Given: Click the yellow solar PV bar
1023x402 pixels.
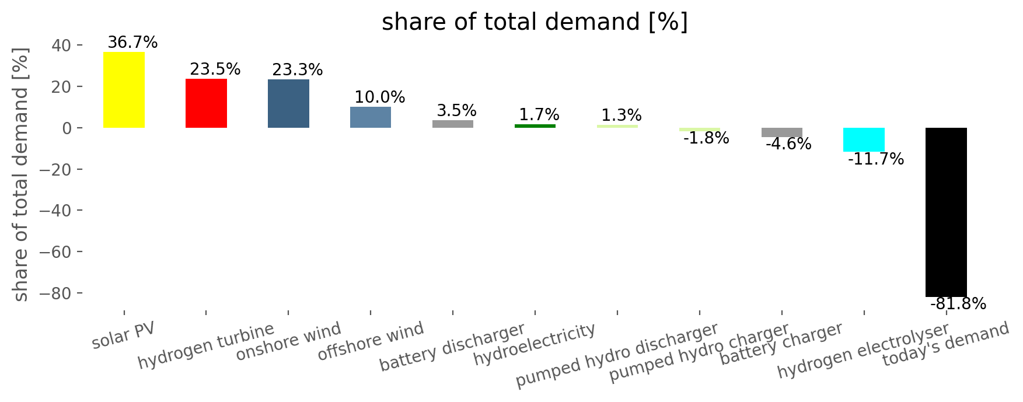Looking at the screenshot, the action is (x=124, y=90).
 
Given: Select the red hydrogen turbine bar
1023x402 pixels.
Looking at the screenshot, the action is (x=206, y=103).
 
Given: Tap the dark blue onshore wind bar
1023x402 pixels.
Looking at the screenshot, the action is (x=288, y=104).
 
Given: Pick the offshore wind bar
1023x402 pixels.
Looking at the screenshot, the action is (x=371, y=117).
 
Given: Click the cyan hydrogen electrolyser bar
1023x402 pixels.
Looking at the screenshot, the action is (x=864, y=140).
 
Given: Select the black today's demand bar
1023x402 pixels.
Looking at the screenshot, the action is (x=946, y=212).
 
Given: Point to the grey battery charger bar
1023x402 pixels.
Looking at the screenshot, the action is (x=781, y=132).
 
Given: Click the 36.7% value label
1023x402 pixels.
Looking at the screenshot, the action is (x=132, y=43).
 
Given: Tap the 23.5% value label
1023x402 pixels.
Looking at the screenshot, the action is (x=215, y=69).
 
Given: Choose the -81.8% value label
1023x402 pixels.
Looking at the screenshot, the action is (x=958, y=304).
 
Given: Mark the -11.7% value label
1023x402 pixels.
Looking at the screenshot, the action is (x=875, y=159).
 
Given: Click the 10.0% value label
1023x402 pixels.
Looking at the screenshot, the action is (x=380, y=97).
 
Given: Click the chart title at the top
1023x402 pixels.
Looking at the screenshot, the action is (x=535, y=22).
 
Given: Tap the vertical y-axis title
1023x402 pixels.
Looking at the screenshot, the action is (x=21, y=174).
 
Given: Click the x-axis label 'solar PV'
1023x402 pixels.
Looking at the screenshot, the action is (x=124, y=335).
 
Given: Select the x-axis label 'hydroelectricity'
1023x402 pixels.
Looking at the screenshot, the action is (x=535, y=344).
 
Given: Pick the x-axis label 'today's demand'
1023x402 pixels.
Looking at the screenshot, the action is (x=945, y=344).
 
